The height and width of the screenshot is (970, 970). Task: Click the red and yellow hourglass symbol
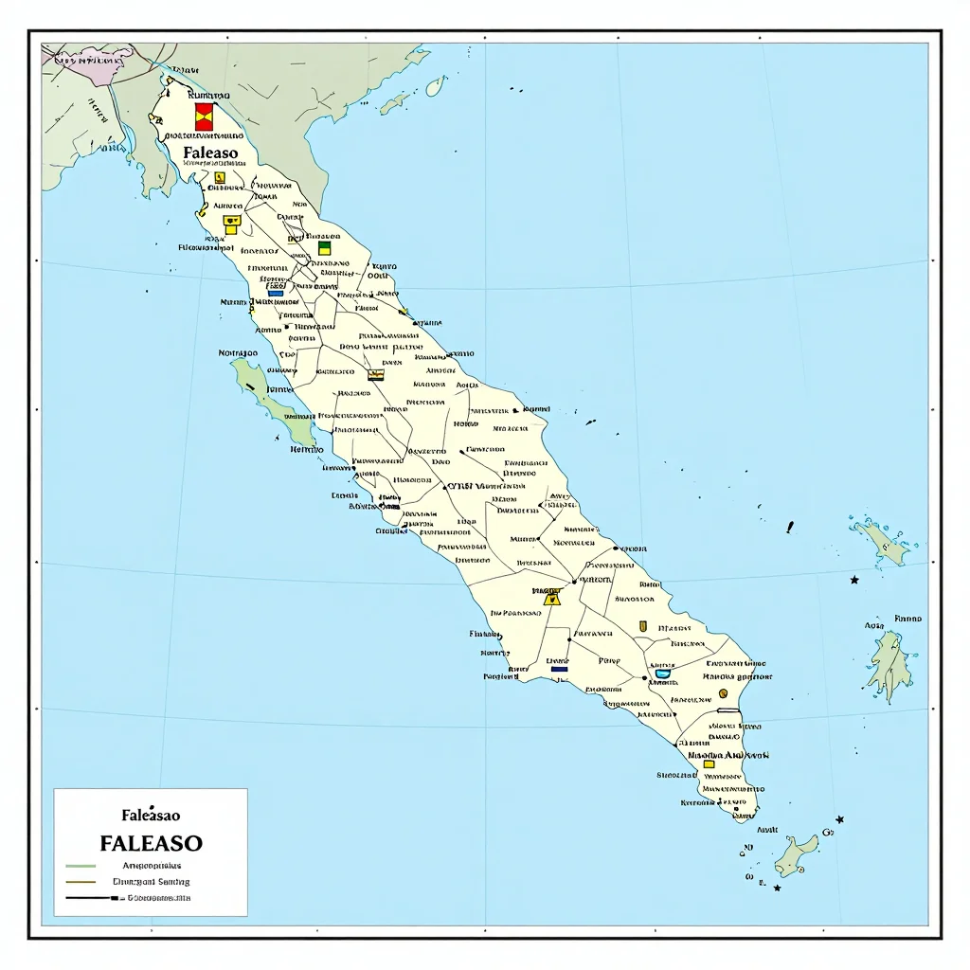[x=204, y=117]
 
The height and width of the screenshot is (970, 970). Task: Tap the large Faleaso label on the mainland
[x=211, y=152]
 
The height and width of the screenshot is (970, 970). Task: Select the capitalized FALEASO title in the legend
[x=151, y=842]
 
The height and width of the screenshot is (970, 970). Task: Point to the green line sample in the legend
[x=81, y=866]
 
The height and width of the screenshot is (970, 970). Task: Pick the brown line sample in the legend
[x=81, y=882]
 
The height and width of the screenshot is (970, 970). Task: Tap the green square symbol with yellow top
[x=324, y=247]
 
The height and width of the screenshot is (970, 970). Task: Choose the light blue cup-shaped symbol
[x=662, y=673]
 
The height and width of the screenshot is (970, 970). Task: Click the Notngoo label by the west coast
[x=238, y=353]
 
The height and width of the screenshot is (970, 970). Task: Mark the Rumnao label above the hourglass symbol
[x=209, y=96]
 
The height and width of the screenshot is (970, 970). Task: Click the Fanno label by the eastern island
[x=907, y=619]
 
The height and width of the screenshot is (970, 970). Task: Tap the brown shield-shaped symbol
[x=643, y=625]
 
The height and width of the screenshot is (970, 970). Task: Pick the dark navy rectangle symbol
[x=559, y=669]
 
